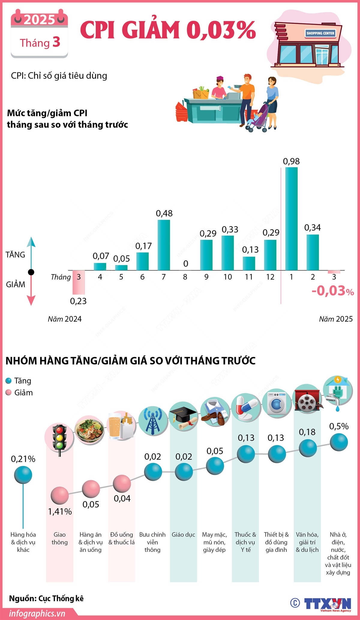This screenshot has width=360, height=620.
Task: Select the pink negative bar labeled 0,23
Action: (79, 282)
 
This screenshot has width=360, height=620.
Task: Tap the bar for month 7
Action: (164, 245)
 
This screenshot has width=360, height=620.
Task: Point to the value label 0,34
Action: (312, 227)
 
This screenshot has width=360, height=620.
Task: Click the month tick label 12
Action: (270, 277)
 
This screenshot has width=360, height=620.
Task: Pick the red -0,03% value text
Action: (332, 291)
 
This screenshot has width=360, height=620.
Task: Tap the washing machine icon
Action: (277, 404)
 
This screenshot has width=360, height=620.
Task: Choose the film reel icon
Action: (307, 399)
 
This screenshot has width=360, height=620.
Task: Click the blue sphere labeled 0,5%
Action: (339, 442)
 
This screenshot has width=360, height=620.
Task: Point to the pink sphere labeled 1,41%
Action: (59, 495)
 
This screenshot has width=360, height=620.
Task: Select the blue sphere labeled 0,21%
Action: (23, 475)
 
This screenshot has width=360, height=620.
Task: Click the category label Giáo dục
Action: (183, 534)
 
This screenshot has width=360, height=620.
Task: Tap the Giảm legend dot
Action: (8, 393)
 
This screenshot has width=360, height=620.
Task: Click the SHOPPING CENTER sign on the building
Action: (320, 33)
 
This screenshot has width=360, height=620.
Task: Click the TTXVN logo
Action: (327, 603)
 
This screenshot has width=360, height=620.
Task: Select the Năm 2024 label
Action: (64, 319)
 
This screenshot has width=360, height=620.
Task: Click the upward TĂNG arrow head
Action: (31, 242)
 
